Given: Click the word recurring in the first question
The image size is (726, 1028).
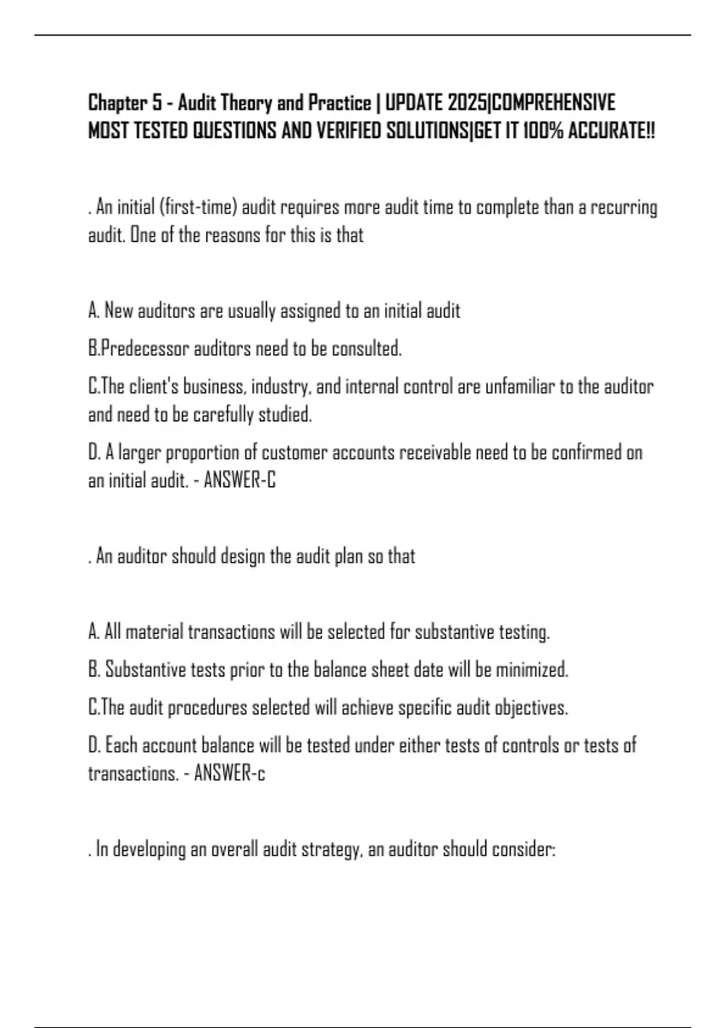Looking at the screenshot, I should (x=624, y=207).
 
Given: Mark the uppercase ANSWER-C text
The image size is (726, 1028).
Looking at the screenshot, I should (x=240, y=481).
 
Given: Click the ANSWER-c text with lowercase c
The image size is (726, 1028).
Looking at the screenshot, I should (x=229, y=773).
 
